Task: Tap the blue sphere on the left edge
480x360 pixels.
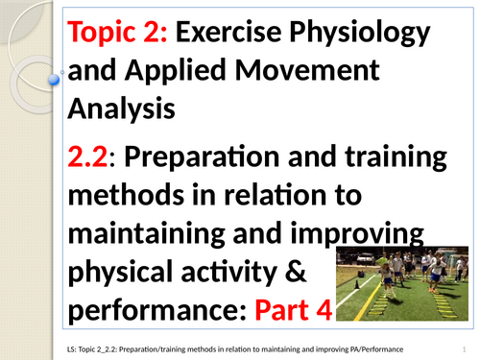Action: [x=55, y=82]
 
